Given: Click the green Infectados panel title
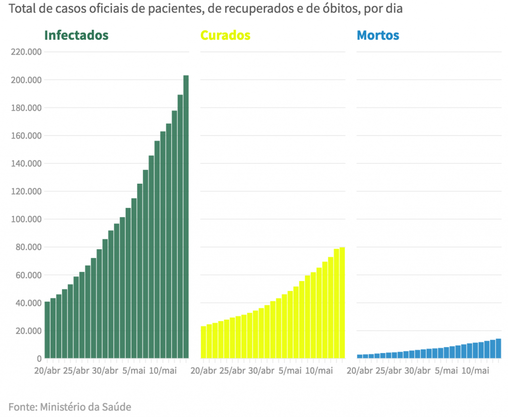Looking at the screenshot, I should click(x=76, y=36).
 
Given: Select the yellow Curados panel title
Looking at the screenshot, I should click(x=225, y=36).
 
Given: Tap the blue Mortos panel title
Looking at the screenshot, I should click(x=378, y=36).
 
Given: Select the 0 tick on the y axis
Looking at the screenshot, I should click(x=38, y=358).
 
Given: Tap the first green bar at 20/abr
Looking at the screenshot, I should click(x=47, y=330).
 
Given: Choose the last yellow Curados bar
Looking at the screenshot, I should click(x=342, y=302).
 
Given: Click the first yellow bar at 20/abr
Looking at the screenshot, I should click(x=203, y=342).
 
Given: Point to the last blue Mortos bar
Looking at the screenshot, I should click(x=498, y=348).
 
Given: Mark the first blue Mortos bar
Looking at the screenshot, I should click(x=359, y=356).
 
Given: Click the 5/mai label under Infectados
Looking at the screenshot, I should click(x=133, y=371).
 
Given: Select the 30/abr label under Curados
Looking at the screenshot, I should click(x=261, y=371).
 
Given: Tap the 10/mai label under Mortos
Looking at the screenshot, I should click(x=475, y=371).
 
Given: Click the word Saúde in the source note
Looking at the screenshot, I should click(x=117, y=407).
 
